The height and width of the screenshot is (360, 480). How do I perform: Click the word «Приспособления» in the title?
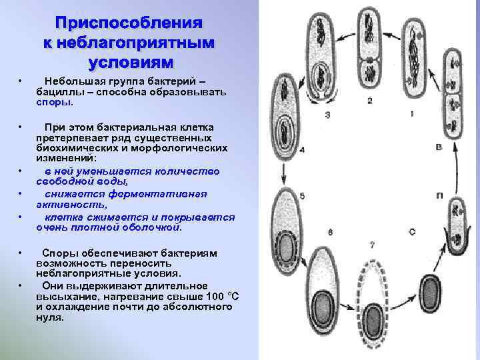coord(128,23)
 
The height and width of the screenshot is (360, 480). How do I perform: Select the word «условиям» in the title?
coord(128,62)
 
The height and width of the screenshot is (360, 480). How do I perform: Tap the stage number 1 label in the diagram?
coord(412,114)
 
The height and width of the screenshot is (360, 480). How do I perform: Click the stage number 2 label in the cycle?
coord(369,101)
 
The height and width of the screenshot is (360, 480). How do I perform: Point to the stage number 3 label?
coord(327,115)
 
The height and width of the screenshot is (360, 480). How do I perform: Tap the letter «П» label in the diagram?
coord(439,194)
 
